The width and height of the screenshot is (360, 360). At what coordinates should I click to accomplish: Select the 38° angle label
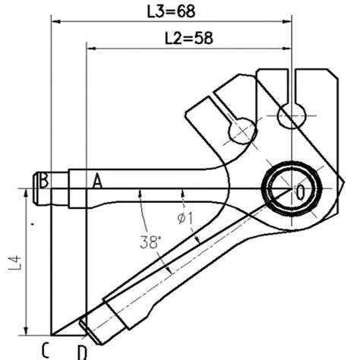coord(150,242)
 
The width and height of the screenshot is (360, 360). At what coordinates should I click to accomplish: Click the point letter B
coord(45,180)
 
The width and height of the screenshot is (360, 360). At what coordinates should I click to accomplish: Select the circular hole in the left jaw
coord(242,131)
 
